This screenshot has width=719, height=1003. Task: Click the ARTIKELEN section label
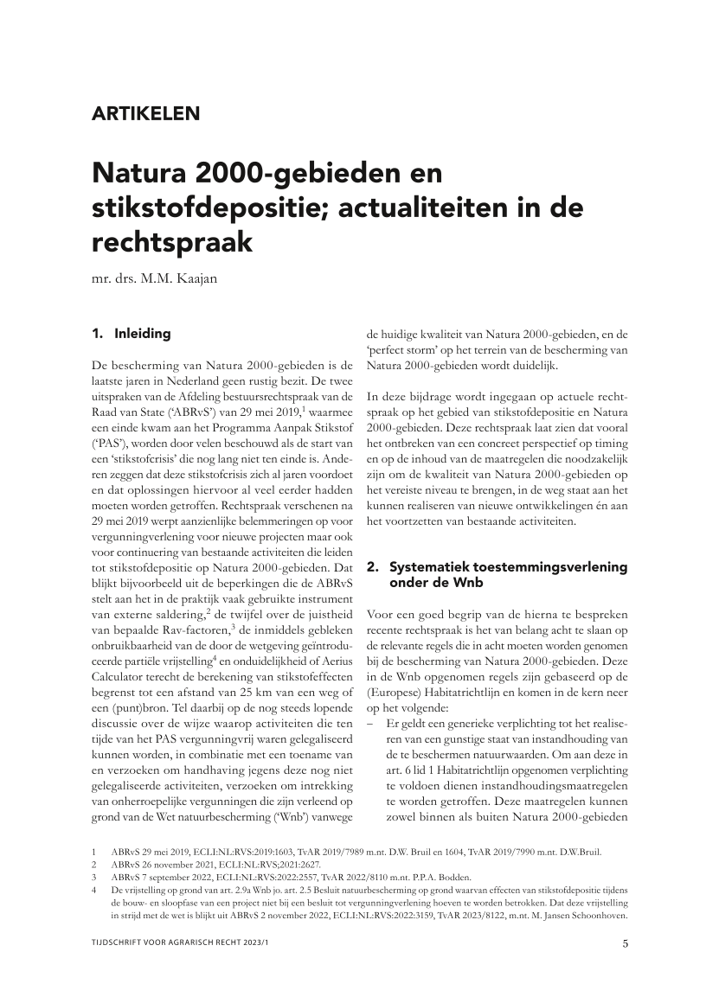(x=145, y=112)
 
